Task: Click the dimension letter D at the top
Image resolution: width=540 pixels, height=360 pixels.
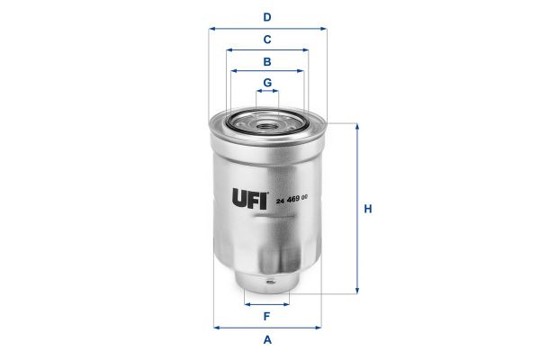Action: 267,17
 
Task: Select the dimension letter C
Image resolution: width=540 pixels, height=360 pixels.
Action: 267,40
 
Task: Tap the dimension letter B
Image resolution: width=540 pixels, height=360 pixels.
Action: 267,61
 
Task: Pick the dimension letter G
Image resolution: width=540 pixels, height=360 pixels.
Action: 267,83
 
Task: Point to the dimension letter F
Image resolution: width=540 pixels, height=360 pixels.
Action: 267,317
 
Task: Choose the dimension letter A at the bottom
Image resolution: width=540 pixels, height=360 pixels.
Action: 267,339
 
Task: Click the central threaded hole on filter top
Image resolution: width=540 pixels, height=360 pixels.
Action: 267,121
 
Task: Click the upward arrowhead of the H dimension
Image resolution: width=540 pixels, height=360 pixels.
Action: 358,127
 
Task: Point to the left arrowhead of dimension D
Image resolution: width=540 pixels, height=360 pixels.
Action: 212,28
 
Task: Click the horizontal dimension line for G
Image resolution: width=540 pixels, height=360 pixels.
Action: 267,93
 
